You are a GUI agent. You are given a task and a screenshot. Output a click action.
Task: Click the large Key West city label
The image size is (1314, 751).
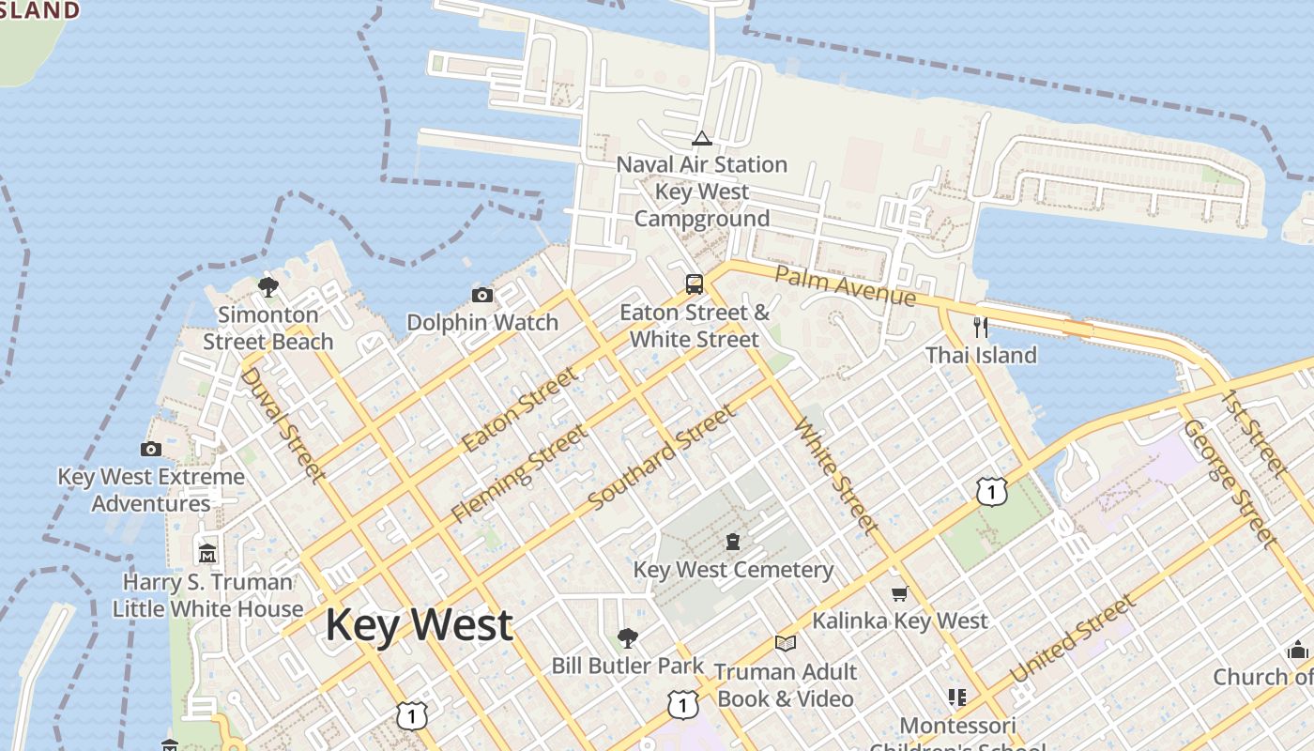(x=420, y=625)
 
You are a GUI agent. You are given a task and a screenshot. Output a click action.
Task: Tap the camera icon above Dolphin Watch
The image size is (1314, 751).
(x=482, y=296)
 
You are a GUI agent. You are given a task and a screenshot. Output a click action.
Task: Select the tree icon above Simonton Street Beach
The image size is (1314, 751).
(x=268, y=286)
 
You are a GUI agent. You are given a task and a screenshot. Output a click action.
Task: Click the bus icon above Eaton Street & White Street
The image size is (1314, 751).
(x=695, y=284)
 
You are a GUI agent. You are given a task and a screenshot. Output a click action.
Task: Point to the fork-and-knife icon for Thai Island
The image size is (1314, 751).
(x=981, y=327)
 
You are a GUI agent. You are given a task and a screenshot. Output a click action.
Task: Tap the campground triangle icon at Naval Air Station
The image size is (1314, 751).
(x=701, y=139)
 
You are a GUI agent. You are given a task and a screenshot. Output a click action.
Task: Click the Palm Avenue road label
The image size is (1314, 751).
(x=845, y=285)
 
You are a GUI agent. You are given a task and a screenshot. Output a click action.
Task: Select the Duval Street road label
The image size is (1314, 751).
(x=283, y=423)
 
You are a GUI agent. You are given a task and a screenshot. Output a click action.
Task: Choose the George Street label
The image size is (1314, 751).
(x=1230, y=483)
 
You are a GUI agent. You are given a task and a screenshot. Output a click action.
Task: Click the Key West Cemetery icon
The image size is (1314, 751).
(x=733, y=542)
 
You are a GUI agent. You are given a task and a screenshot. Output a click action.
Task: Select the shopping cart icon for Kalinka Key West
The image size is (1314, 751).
(x=899, y=593)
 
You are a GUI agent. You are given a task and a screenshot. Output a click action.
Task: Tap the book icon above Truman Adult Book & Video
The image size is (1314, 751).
(x=786, y=644)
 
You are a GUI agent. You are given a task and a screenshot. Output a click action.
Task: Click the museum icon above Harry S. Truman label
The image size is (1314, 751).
(x=207, y=554)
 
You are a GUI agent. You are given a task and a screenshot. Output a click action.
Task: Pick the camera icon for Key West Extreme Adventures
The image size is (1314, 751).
(x=151, y=449)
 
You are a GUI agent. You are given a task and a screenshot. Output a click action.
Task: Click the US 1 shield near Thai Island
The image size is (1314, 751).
(x=991, y=491)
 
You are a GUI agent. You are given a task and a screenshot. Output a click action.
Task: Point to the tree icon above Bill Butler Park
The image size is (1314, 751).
(x=628, y=638)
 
